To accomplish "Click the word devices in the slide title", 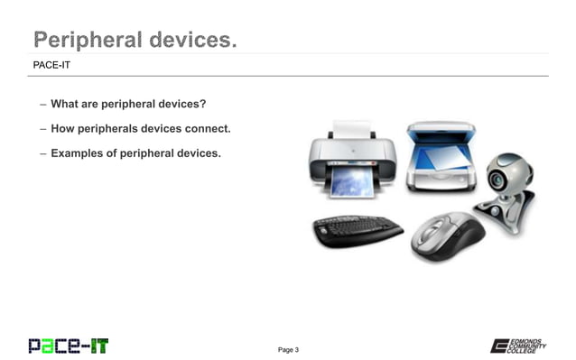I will coord(187,39).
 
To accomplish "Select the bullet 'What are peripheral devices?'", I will coord(128,104).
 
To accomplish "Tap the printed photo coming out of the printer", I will coord(351,184).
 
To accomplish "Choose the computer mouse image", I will coord(448,236).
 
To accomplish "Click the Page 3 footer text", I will coord(288,349).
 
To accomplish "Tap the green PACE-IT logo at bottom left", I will coord(68,345).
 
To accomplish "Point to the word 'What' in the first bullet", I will coord(66,104).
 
